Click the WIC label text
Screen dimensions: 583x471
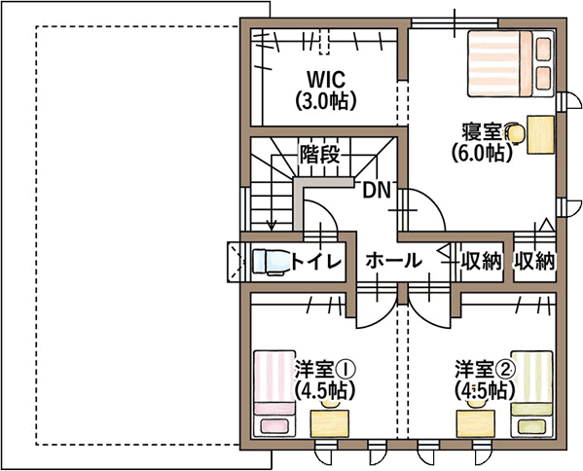326,79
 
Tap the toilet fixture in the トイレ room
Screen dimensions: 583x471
270,262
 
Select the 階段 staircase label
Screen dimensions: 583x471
320,154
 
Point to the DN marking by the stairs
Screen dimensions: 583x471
377,191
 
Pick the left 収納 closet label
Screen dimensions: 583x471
481,261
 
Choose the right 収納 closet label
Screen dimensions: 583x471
534,261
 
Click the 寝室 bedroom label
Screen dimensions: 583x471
482,132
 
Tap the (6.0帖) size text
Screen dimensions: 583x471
482,152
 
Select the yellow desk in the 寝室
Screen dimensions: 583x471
540,134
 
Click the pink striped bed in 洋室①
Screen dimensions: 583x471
274,393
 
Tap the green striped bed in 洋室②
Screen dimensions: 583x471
531,393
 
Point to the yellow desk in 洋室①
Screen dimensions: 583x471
330,423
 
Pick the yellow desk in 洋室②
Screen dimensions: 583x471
476,423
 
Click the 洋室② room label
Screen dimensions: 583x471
485,369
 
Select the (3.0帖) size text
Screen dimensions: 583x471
326,100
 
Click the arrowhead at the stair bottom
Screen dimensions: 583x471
272,226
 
